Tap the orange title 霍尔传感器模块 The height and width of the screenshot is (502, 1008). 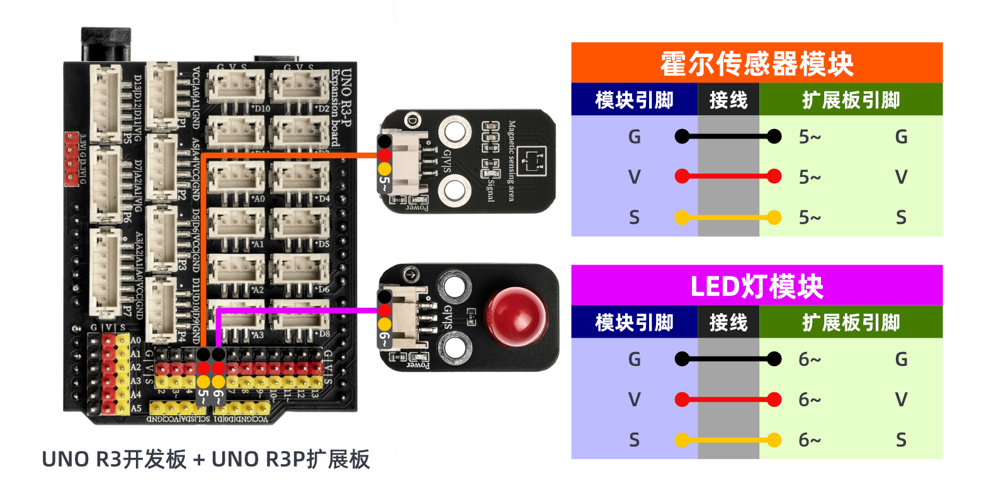point(756,64)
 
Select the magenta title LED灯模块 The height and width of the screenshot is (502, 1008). point(756,287)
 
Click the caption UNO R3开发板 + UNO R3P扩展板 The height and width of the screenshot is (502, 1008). point(205,459)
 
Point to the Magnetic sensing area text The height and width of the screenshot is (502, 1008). point(511,161)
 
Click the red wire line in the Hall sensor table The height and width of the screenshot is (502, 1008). point(728,177)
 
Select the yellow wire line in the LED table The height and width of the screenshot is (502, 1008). point(728,440)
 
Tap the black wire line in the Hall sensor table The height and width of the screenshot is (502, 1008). point(728,136)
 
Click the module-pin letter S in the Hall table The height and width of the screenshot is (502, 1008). point(634,218)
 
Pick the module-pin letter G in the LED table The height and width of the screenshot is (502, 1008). point(634,359)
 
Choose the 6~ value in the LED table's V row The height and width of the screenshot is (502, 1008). point(810,399)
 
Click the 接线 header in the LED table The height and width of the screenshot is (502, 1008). point(728,322)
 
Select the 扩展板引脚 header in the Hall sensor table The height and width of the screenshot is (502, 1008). point(851,100)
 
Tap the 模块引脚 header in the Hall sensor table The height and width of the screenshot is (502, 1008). point(634,100)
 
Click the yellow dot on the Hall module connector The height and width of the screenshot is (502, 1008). point(384,169)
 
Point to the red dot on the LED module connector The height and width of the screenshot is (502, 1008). point(384,310)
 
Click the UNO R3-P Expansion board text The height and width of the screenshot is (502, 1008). point(341,107)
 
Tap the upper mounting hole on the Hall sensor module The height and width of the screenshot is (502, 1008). point(455,132)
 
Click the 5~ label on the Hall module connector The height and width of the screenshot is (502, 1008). point(384,184)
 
